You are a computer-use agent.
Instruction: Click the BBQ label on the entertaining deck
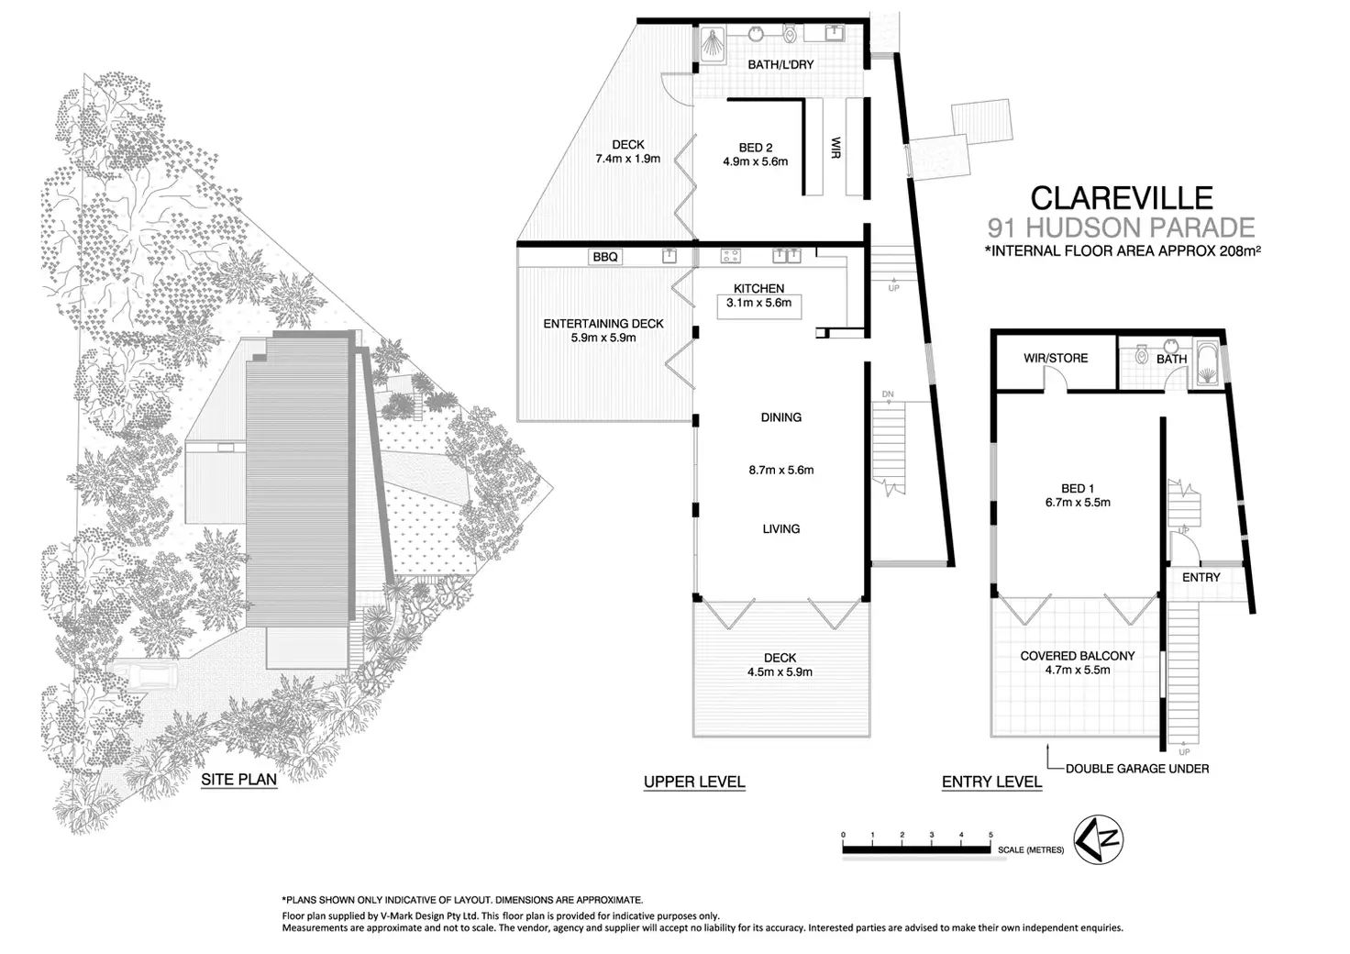pos(605,257)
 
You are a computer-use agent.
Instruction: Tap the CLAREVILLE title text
pos(1121,198)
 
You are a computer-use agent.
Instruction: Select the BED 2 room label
pos(756,148)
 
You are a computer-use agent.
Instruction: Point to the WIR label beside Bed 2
pos(835,148)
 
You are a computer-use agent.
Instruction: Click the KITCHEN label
pos(758,288)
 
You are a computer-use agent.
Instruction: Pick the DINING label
pos(781,417)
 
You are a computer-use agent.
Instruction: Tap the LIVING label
pos(781,528)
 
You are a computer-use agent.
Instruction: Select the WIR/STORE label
pos(1056,358)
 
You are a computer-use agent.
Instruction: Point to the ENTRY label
pos(1201,577)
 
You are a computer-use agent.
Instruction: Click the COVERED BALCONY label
pos(1078,656)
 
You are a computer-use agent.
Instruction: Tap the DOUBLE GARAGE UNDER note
pos(1137,769)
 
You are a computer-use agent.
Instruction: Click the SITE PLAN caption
pos(238,780)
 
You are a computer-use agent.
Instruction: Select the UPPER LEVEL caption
pos(694,782)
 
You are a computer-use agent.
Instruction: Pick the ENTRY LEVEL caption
pos(991,782)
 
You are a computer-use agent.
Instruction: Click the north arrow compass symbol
pos(1101,838)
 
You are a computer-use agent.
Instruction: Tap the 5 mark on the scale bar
pos(990,835)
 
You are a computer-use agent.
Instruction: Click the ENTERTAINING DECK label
pos(603,324)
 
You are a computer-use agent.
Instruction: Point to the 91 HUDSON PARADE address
pos(1121,227)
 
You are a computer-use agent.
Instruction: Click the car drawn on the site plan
pos(151,679)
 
